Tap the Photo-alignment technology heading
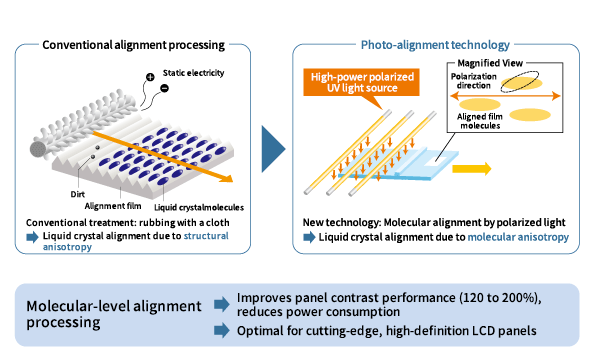(x=435, y=45)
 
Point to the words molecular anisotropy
(x=518, y=237)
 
